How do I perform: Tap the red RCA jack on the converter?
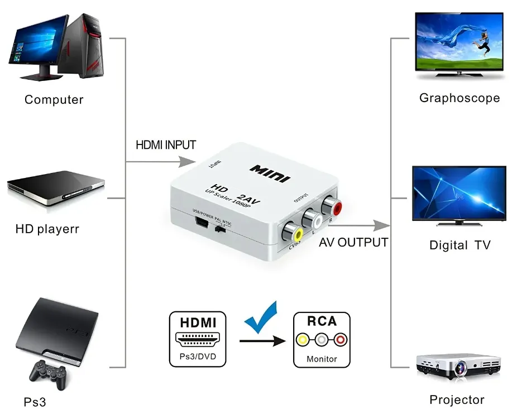pos(336,209)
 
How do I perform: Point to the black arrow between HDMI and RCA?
pos(262,340)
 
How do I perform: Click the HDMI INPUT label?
pos(166,145)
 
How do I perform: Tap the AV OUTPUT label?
pos(353,243)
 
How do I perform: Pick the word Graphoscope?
pos(459,98)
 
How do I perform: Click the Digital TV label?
pos(459,245)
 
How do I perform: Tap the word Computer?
pos(54,100)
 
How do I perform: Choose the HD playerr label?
pos(47,229)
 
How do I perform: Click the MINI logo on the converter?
pos(270,172)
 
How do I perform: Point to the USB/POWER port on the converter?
pos(202,224)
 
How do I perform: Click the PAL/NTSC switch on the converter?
pos(221,228)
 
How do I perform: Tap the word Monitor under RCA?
pos(322,359)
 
